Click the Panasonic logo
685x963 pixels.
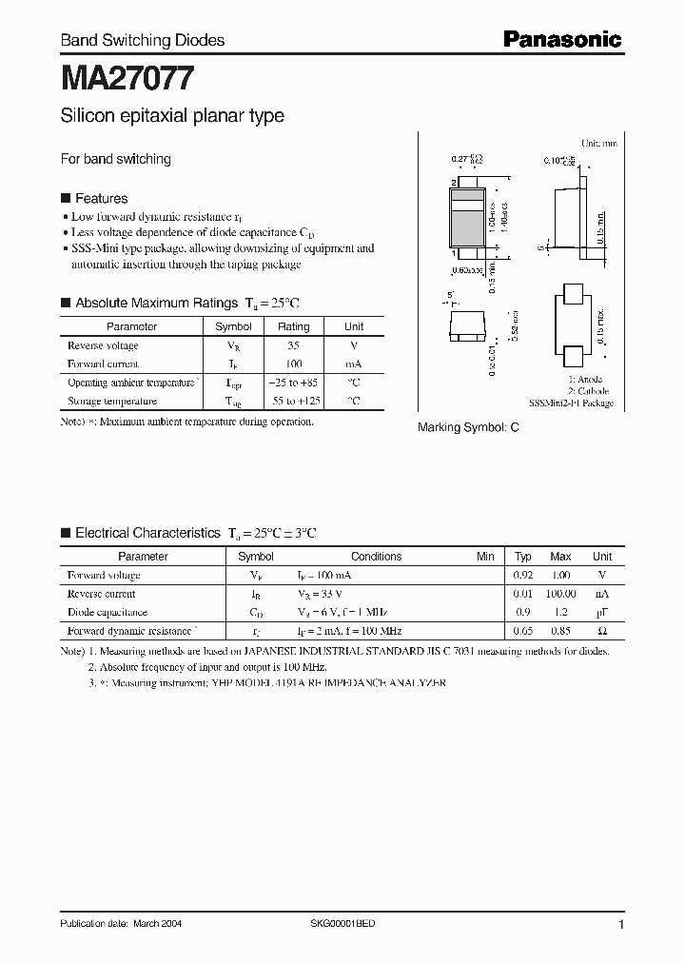click(x=561, y=39)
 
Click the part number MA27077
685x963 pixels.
click(x=128, y=77)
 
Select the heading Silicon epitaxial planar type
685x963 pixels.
click(x=172, y=116)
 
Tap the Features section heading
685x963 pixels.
click(x=101, y=198)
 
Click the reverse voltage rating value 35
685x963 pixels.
click(x=293, y=345)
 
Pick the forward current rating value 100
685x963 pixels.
click(x=293, y=364)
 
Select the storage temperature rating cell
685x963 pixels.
click(x=293, y=402)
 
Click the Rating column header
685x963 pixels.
click(x=293, y=326)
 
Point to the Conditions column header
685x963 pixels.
click(x=376, y=557)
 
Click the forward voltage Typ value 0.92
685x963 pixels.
click(x=523, y=576)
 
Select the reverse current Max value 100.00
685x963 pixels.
click(x=561, y=594)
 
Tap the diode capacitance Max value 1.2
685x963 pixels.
click(x=561, y=612)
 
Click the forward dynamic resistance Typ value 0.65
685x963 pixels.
click(x=523, y=631)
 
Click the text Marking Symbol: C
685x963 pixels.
click(x=468, y=428)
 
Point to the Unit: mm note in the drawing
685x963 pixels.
click(x=599, y=144)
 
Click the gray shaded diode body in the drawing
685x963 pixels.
click(x=466, y=226)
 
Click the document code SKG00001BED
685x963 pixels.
click(x=343, y=924)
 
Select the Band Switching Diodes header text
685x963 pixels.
click(x=143, y=40)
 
